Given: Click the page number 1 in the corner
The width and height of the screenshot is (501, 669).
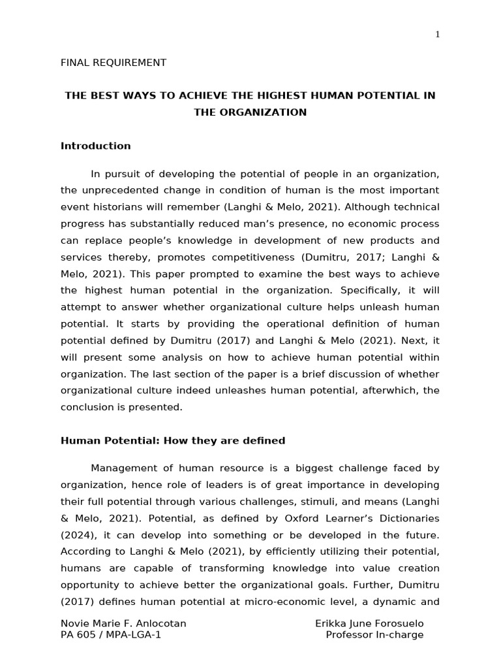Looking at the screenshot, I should [438, 35].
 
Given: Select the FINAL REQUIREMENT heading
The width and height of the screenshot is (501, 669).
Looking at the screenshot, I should [114, 63].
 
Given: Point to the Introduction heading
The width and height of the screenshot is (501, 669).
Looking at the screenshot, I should [96, 146].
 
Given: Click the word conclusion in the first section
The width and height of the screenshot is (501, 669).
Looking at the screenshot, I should [87, 407].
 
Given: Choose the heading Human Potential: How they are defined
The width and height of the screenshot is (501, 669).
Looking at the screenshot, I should [173, 441].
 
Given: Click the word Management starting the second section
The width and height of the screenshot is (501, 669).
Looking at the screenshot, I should [123, 468].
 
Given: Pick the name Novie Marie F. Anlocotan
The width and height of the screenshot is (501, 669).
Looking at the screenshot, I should [123, 624].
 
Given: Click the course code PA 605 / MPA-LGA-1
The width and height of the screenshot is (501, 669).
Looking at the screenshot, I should [111, 636].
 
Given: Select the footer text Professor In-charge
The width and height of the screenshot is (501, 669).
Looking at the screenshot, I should [374, 636].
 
